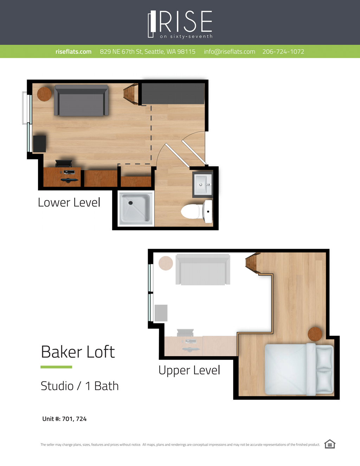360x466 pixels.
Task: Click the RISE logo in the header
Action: (180, 24)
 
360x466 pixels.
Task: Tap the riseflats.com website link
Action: (73, 52)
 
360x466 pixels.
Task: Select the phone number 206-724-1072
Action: (283, 52)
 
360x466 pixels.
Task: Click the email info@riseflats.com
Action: (229, 52)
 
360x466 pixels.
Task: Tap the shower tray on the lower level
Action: (136, 208)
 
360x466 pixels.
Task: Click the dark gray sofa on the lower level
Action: (81, 101)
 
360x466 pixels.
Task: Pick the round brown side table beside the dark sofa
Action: (44, 94)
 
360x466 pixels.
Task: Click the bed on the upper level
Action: (298, 369)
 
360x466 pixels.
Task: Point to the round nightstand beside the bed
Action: (315, 334)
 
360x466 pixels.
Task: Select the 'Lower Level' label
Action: (69, 203)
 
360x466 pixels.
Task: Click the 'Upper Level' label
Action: (189, 370)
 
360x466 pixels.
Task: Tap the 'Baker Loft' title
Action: (78, 352)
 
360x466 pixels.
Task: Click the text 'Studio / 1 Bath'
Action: (79, 386)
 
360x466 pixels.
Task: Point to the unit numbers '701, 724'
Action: (74, 419)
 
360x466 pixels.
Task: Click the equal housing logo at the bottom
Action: (330, 444)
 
